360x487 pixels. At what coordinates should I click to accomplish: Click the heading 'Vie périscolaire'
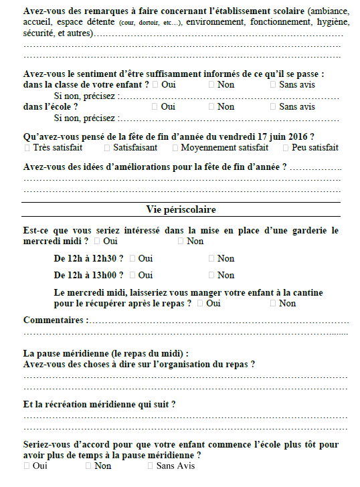181,210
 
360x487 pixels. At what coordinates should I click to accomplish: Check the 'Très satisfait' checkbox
27,148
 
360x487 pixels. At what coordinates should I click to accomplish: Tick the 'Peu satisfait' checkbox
286,148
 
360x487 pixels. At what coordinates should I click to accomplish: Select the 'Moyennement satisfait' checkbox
175,148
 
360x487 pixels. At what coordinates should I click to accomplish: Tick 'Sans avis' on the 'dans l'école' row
273,106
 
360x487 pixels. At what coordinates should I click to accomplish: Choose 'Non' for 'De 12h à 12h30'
211,258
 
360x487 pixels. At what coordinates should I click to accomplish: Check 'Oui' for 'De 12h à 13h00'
132,275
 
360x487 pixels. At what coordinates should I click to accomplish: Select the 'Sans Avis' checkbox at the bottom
151,466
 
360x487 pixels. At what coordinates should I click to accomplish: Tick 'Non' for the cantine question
273,304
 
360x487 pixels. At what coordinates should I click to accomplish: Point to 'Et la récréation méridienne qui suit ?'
99,404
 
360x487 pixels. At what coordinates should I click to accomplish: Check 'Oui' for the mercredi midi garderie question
98,241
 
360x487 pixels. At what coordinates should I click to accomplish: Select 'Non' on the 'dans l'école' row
211,106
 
